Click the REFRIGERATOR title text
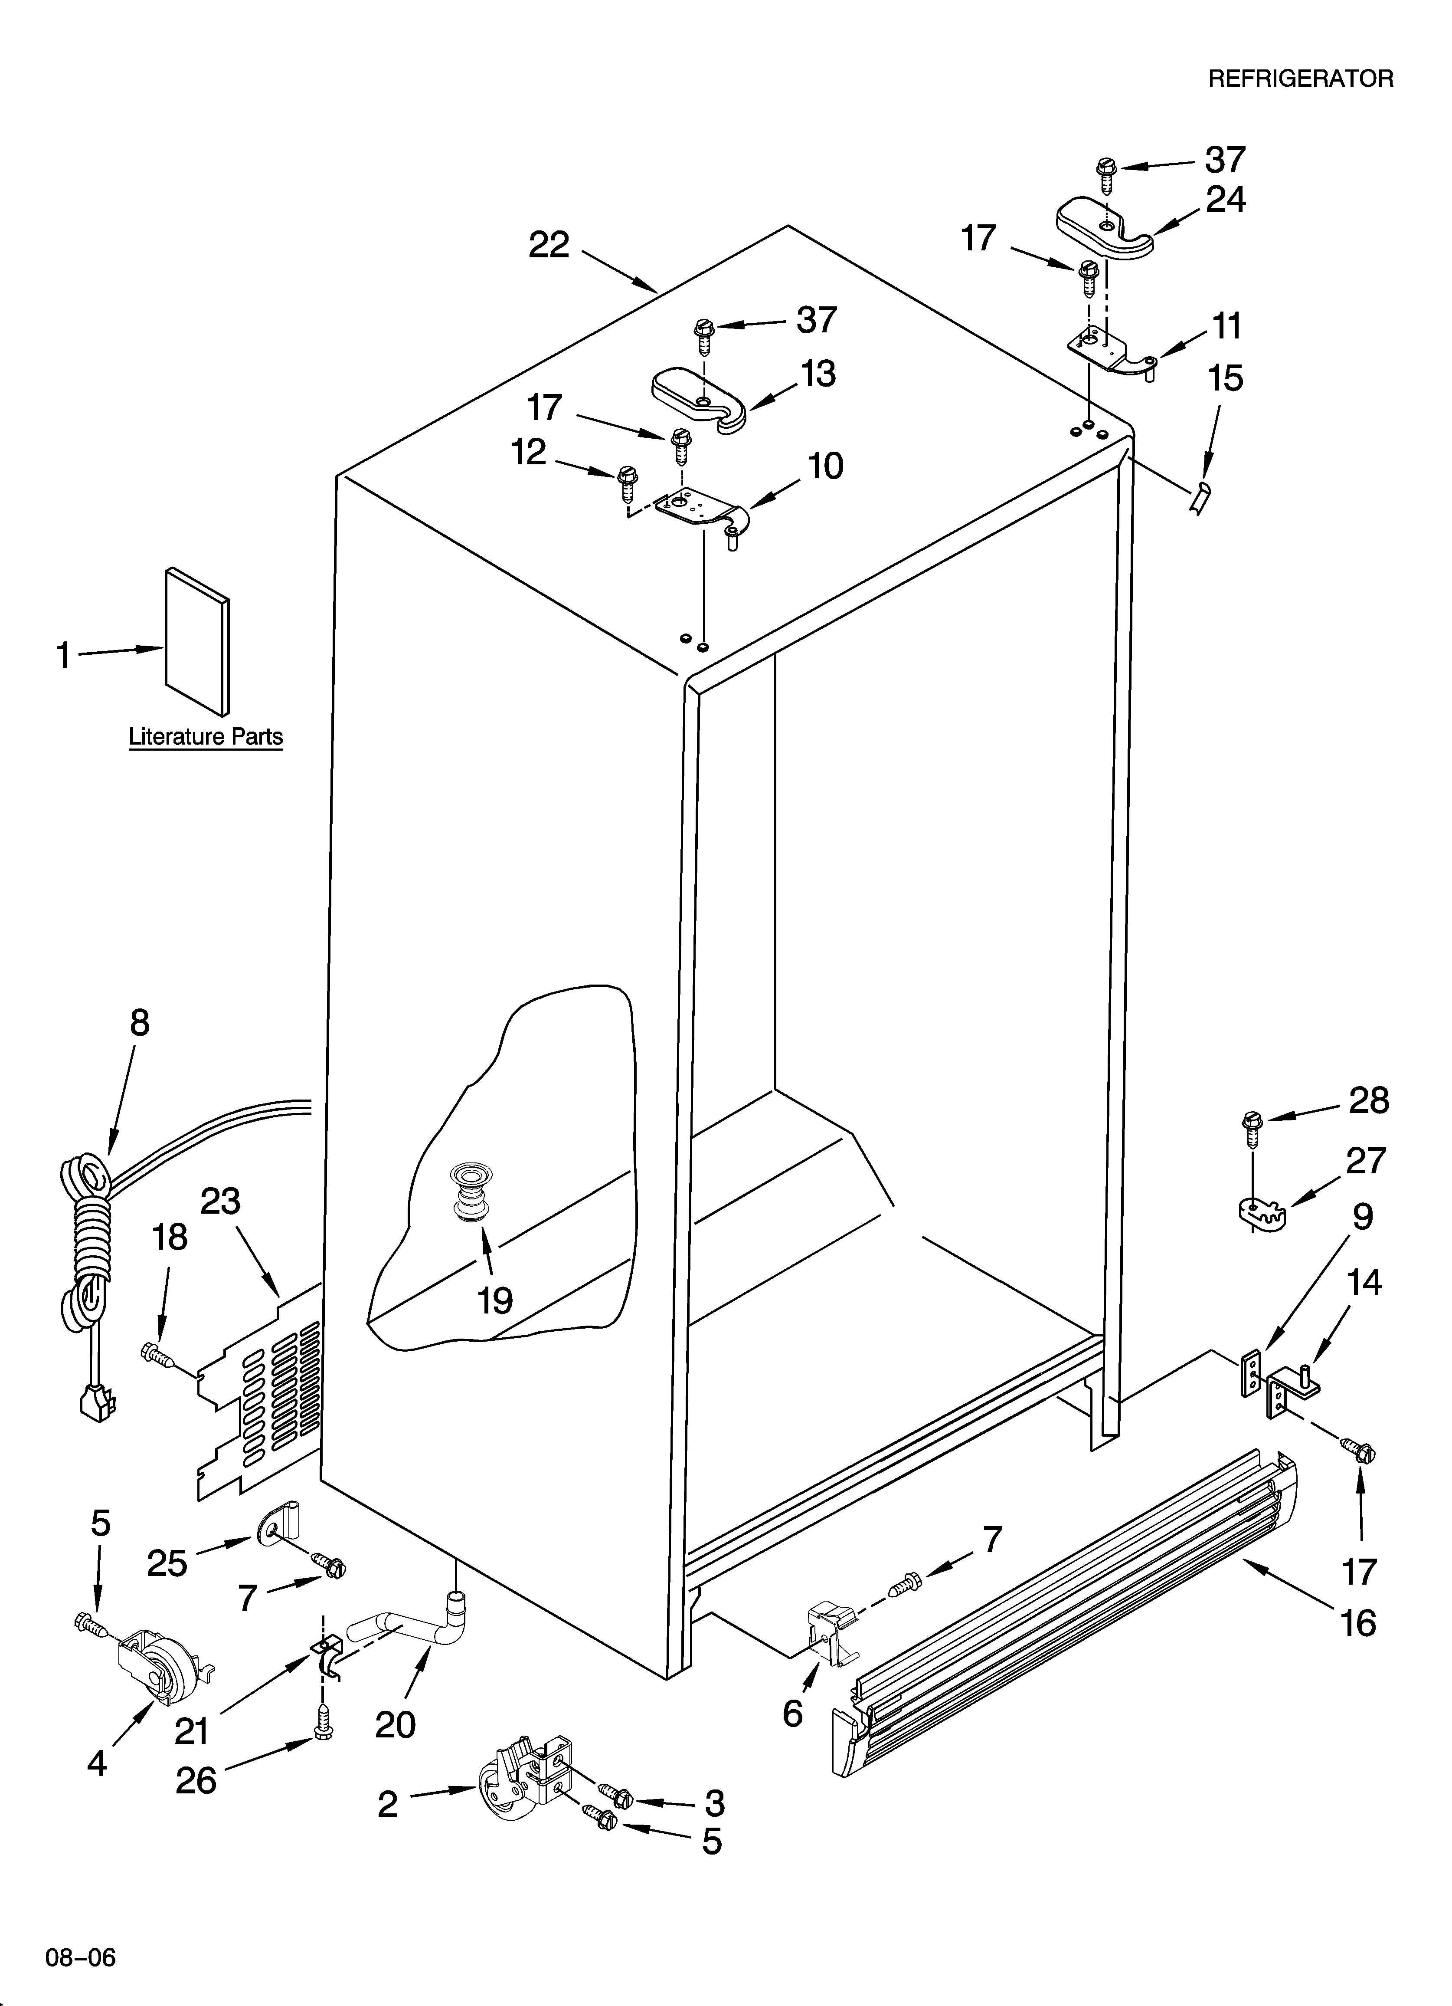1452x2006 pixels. point(1300,79)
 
